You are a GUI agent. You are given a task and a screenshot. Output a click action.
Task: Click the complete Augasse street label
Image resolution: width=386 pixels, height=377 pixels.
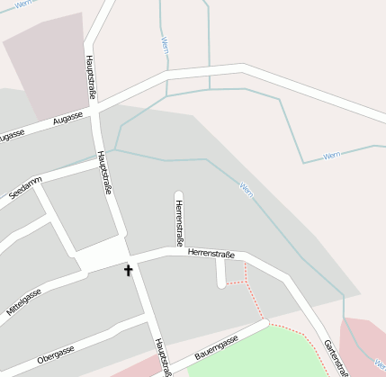(x=67, y=118)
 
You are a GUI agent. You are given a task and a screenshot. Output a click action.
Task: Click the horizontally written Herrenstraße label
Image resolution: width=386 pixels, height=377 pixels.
(x=211, y=254)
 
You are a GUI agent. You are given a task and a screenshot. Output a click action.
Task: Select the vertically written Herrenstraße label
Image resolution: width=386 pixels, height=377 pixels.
(x=179, y=222)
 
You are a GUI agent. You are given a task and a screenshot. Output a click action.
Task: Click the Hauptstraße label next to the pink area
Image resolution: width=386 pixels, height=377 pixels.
(x=90, y=76)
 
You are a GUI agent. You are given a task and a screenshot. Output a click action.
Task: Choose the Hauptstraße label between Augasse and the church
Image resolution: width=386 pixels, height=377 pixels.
(x=104, y=173)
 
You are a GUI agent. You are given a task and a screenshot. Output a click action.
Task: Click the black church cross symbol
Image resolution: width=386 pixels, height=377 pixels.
(x=128, y=270)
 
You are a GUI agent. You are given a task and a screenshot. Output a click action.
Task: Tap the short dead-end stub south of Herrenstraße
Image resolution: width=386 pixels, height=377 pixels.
(x=220, y=274)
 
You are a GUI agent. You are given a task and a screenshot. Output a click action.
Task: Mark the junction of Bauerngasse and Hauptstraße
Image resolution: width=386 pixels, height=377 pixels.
(x=167, y=366)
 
